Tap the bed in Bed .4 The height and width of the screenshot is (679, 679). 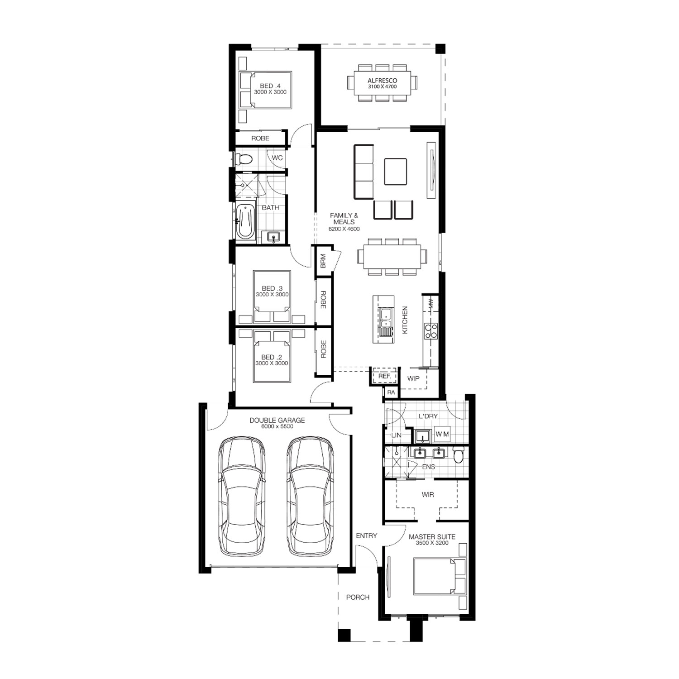click(x=265, y=90)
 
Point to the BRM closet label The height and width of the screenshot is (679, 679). click(x=323, y=262)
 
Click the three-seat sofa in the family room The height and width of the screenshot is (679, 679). click(x=364, y=172)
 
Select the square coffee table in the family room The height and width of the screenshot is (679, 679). click(x=396, y=172)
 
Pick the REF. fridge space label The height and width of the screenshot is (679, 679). click(x=384, y=376)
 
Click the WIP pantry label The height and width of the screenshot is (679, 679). click(x=413, y=378)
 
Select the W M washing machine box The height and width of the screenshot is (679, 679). click(x=442, y=434)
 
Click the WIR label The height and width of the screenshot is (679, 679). click(x=428, y=495)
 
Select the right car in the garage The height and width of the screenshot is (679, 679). click(x=311, y=496)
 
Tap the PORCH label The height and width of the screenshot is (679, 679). click(x=358, y=597)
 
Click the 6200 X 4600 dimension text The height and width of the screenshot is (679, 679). click(x=344, y=229)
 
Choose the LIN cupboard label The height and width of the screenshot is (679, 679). click(x=397, y=435)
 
